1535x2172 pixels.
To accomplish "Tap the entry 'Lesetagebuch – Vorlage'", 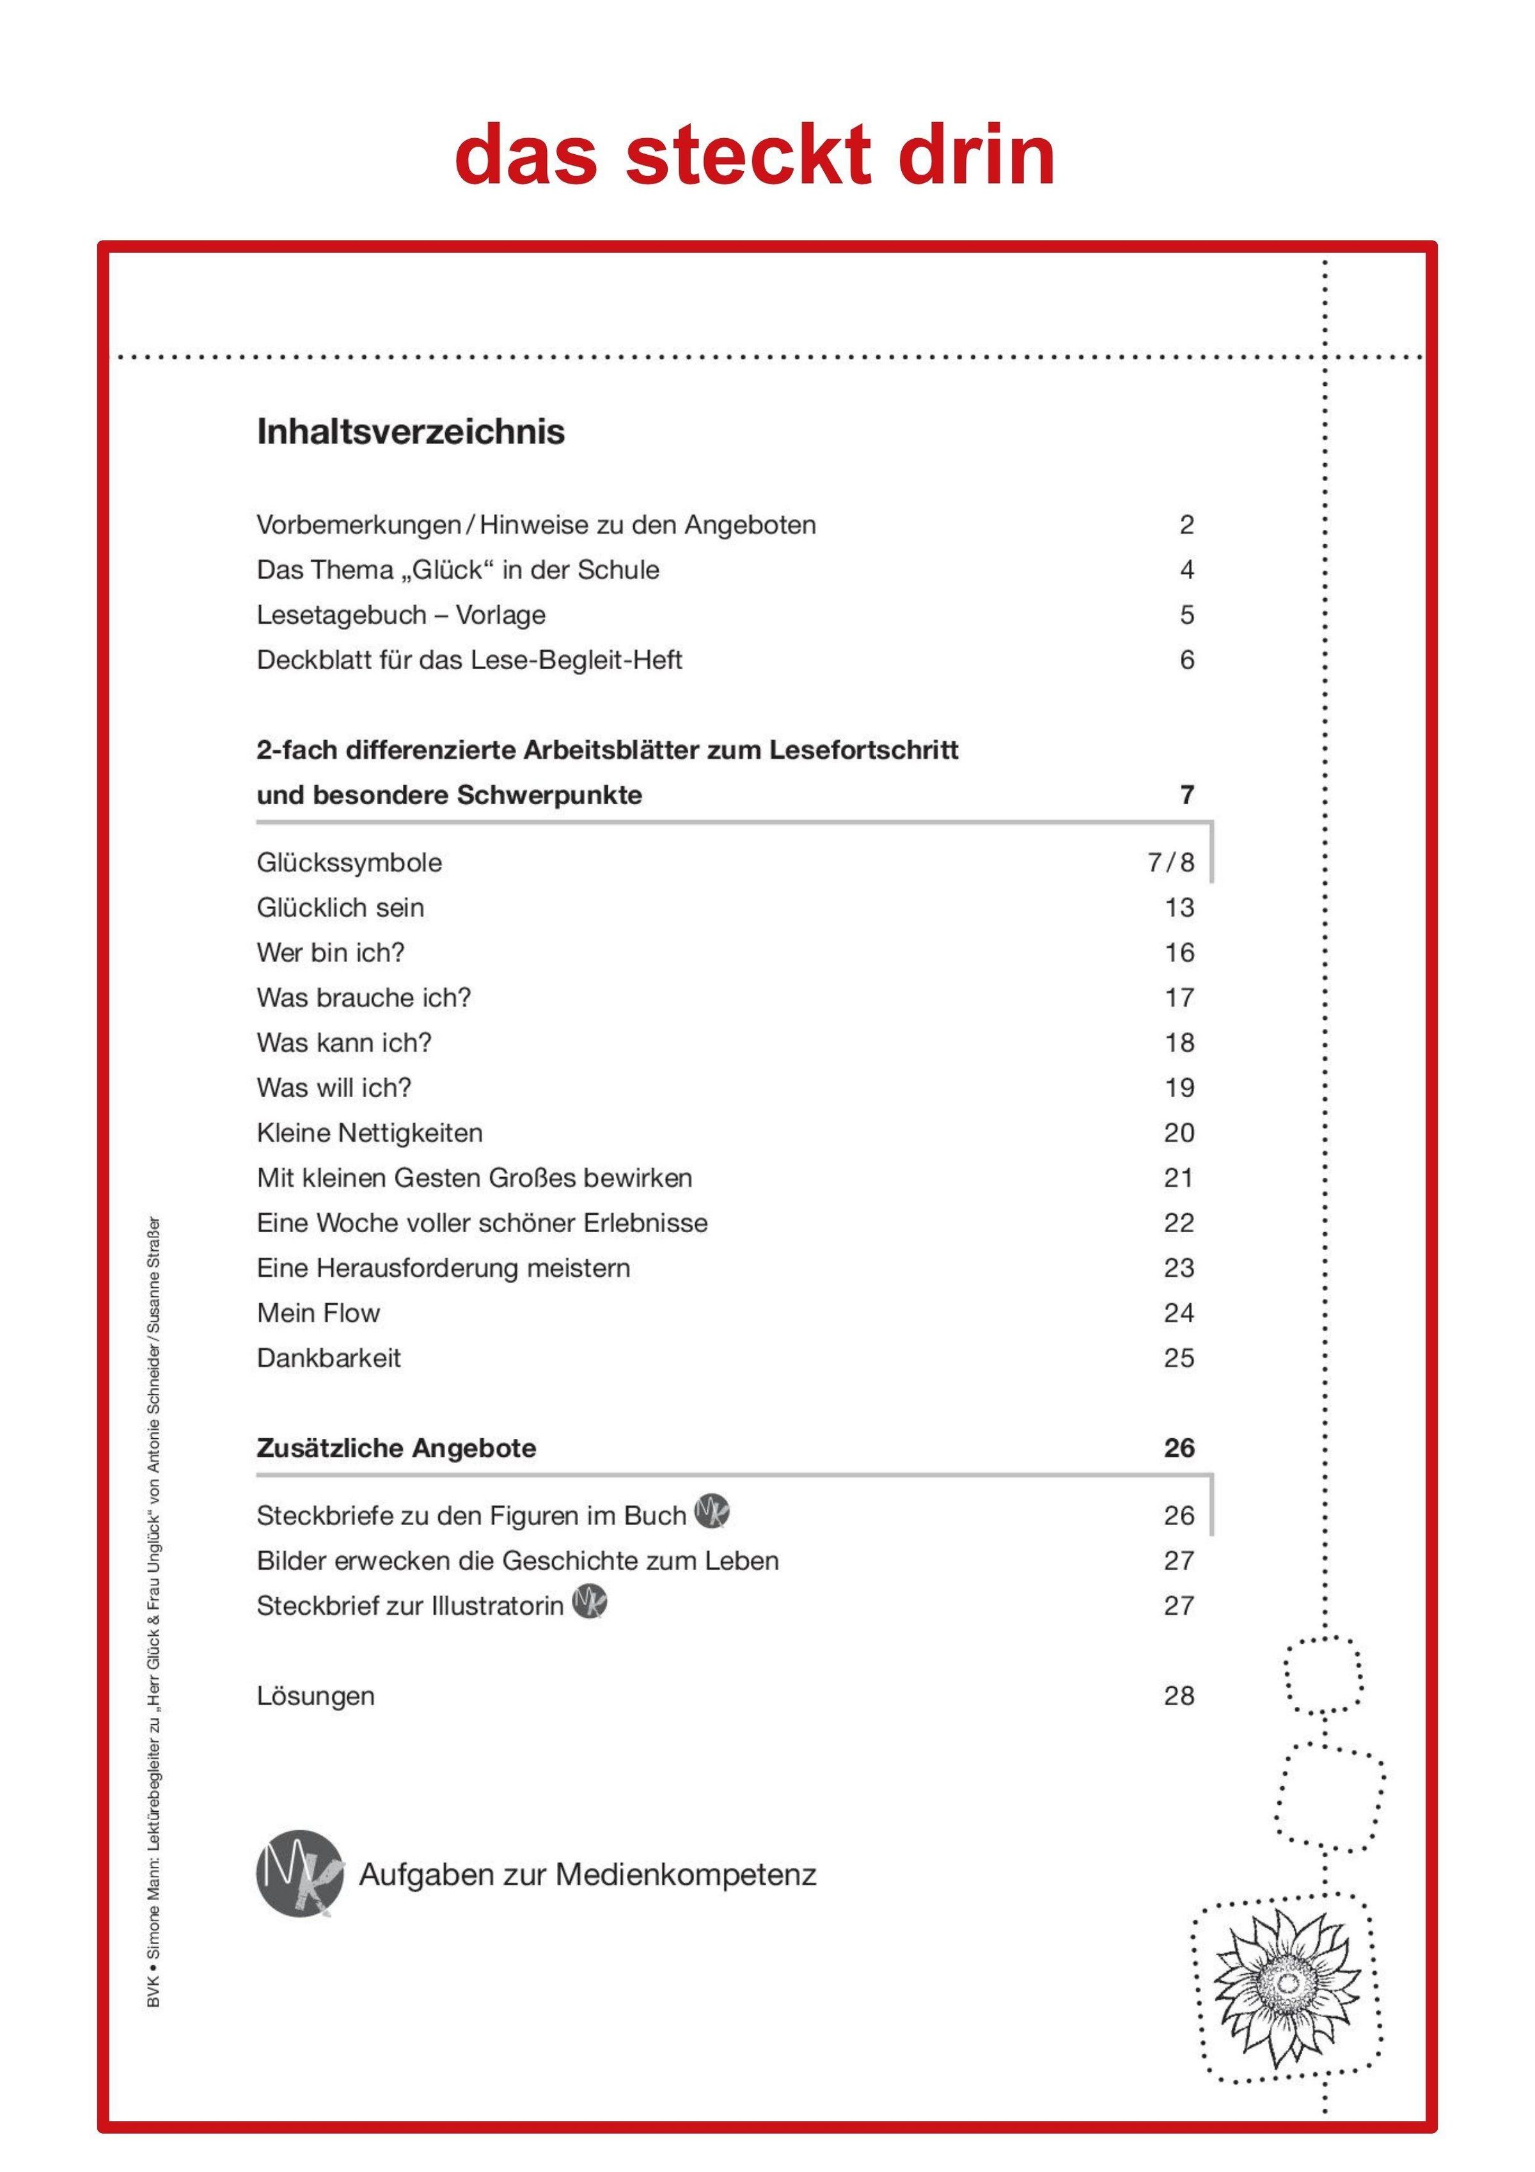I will [x=401, y=615].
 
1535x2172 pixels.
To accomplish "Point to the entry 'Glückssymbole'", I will [x=349, y=863].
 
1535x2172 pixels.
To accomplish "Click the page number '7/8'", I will [x=1171, y=863].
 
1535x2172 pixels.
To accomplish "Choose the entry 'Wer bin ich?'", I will [x=330, y=953].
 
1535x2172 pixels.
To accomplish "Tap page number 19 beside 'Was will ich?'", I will [x=1179, y=1088].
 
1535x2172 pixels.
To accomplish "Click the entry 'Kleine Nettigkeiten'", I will [x=370, y=1133].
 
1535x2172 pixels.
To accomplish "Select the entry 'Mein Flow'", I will [x=318, y=1313].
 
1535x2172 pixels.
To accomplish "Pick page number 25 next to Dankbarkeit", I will [x=1179, y=1358].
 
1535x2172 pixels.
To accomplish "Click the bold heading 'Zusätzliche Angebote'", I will [x=397, y=1448].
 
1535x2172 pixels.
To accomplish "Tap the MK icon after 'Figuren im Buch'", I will [x=712, y=1510].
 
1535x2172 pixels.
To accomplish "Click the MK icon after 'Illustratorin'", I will [x=589, y=1601].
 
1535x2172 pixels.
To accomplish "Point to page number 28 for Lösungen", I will [x=1179, y=1696].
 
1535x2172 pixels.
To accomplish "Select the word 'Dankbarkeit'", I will [x=328, y=1358].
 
